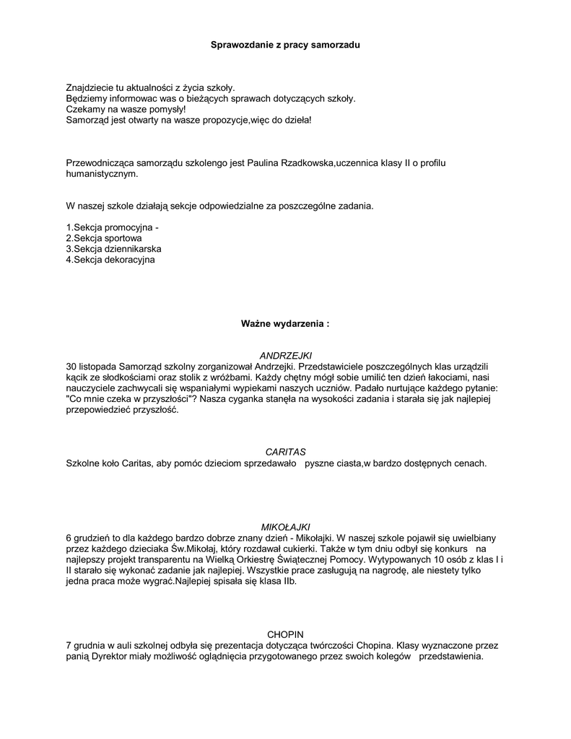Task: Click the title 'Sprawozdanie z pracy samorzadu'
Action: coord(284,45)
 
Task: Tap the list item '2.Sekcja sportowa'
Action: coord(103,237)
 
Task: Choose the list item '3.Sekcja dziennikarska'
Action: coord(113,248)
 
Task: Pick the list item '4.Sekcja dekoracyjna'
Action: coord(110,259)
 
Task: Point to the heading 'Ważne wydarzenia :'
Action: coord(284,324)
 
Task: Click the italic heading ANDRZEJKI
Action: coord(285,356)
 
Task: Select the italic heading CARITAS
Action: coord(285,452)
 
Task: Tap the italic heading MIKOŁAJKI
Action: coord(284,527)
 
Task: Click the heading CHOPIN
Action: coord(285,634)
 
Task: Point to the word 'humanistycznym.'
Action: coord(101,174)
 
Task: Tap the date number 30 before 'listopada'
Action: coord(71,367)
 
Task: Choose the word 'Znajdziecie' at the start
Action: coord(90,87)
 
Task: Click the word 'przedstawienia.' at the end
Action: coord(450,657)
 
